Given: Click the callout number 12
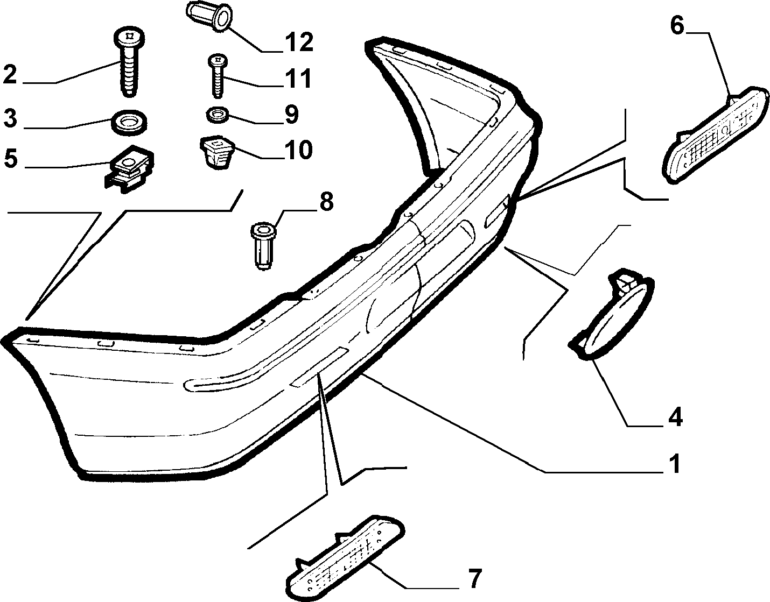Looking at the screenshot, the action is (x=300, y=42).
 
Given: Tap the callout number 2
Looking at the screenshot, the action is (x=10, y=74).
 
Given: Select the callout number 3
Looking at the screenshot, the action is (x=10, y=118).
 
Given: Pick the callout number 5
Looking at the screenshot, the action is (x=11, y=159).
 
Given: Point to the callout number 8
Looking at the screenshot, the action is (x=326, y=202).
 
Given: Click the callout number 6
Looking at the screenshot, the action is (x=677, y=26).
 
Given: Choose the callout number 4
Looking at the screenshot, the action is (x=675, y=417).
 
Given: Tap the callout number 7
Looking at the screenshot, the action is (x=475, y=579).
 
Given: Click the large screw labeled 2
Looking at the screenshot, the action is (x=130, y=60).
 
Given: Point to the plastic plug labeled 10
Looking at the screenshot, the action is (x=218, y=153).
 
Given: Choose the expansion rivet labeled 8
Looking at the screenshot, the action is (x=263, y=247).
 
